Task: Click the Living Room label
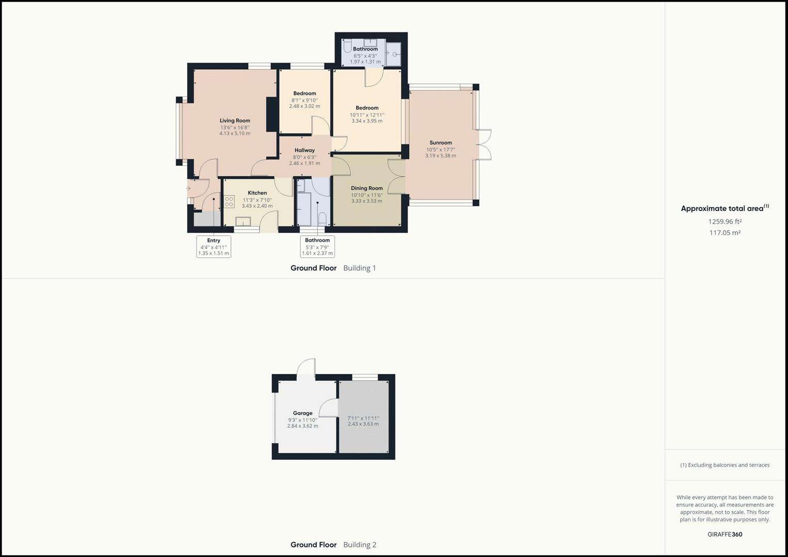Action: [x=235, y=121]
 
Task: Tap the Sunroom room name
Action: [x=440, y=143]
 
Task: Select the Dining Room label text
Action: [x=366, y=188]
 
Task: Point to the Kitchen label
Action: [x=257, y=193]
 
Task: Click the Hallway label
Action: [x=304, y=151]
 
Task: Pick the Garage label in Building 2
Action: [x=302, y=413]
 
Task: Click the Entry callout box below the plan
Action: [x=214, y=247]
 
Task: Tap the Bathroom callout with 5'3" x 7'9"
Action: [x=317, y=247]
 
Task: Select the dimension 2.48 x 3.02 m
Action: [x=304, y=106]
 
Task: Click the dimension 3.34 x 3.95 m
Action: [x=367, y=121]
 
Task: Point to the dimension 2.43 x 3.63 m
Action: [x=363, y=424]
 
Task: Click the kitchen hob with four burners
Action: [x=229, y=202]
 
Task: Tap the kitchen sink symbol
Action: [x=243, y=221]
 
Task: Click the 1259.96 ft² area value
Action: [x=725, y=222]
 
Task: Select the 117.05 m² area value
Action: [x=725, y=233]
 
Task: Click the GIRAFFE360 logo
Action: [x=725, y=534]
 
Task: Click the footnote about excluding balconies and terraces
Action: [x=725, y=465]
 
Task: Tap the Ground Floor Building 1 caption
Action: [x=333, y=268]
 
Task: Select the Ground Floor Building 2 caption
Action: [x=333, y=545]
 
